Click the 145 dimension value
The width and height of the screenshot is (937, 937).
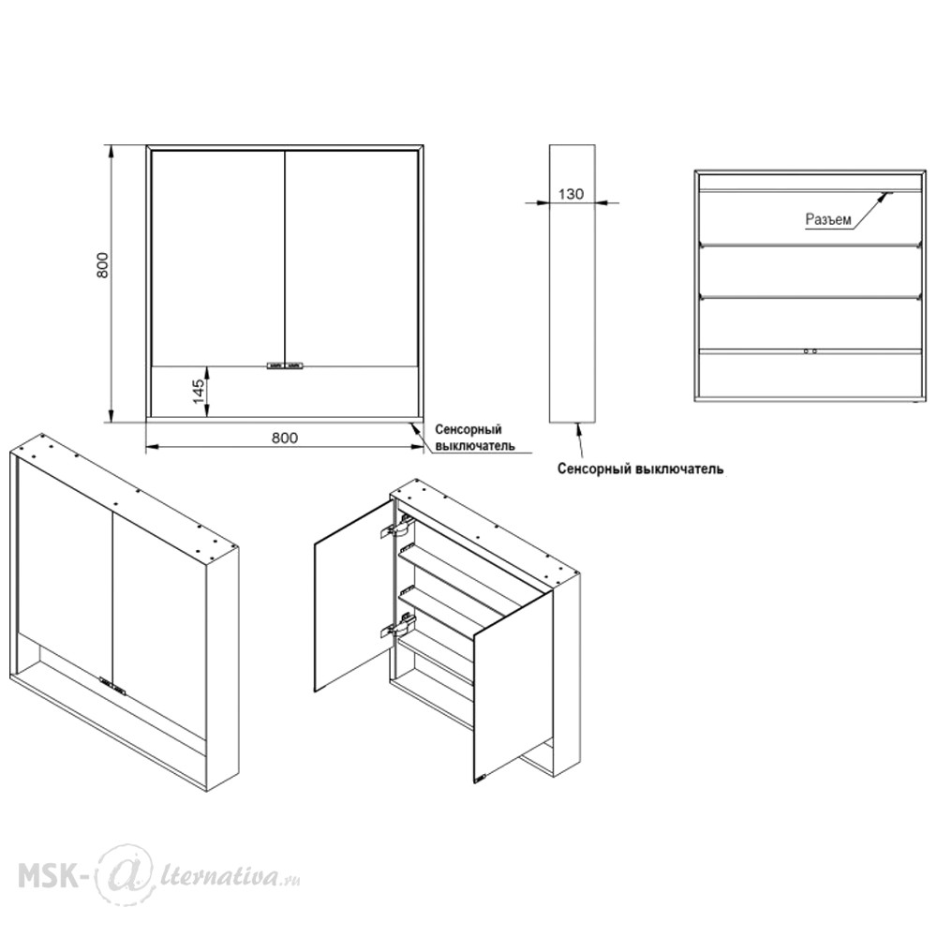tap(199, 392)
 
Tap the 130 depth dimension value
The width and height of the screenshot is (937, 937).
tap(571, 194)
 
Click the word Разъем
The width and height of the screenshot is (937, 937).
tap(828, 219)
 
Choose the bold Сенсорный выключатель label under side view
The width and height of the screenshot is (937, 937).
tap(641, 468)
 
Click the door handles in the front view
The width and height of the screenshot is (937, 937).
tap(285, 365)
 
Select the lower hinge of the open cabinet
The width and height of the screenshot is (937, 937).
tap(397, 623)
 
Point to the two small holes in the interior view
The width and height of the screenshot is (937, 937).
tap(810, 351)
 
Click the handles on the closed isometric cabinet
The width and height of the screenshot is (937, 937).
tap(113, 686)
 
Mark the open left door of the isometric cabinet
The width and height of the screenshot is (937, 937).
tap(353, 596)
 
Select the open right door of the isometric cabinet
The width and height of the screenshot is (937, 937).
tap(513, 687)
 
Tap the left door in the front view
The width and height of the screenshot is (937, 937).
tap(217, 258)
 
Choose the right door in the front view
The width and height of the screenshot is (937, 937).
tap(352, 258)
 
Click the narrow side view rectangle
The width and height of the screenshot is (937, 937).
tap(572, 283)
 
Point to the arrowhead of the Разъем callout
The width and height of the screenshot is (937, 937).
tap(887, 195)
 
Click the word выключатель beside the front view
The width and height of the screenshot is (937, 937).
tap(475, 446)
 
